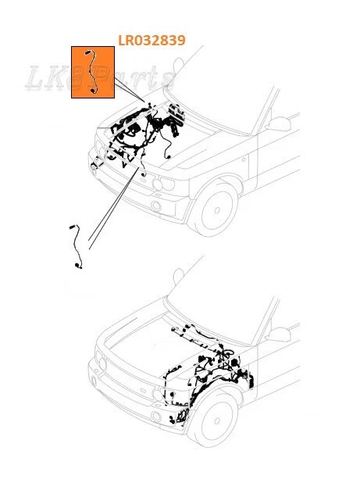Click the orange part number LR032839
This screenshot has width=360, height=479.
pos(151,40)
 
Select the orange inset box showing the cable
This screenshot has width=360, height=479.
pos(93,72)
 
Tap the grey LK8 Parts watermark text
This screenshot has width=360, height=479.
pos(102,78)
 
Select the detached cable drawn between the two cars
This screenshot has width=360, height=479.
pos(76,247)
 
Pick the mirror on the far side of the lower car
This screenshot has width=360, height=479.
pos(179,276)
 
